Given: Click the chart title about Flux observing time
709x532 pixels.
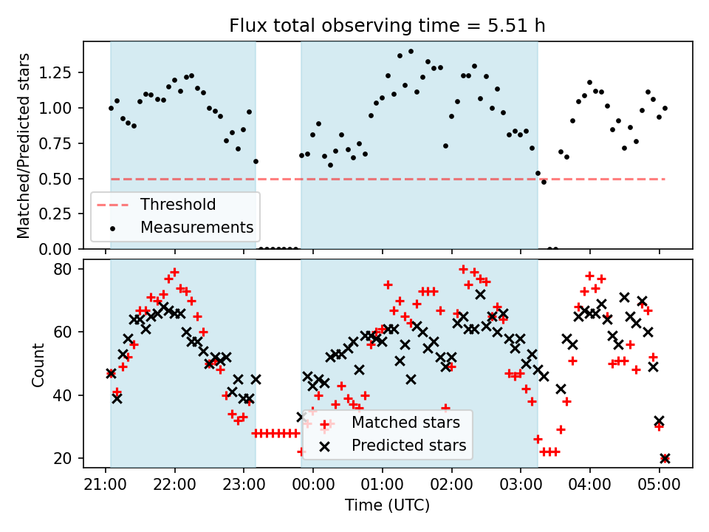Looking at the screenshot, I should click(388, 27).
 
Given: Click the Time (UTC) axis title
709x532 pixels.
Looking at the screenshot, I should click(388, 505).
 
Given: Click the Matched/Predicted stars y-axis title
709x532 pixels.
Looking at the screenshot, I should click(24, 146).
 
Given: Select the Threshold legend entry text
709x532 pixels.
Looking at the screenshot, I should click(178, 205).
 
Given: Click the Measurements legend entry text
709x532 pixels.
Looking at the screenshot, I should click(197, 227).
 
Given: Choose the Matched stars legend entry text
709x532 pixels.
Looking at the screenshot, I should click(405, 423).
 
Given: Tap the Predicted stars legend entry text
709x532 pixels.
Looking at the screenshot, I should click(408, 446).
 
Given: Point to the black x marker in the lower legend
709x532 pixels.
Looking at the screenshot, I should click(324, 446).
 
